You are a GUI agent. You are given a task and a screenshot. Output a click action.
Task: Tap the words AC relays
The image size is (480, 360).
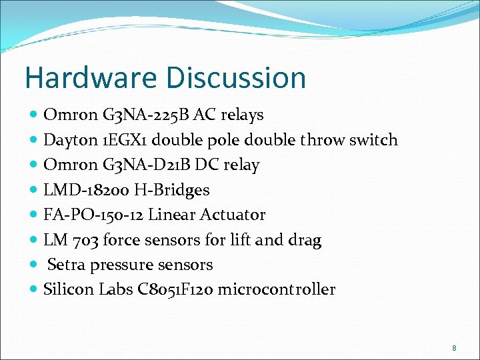229,115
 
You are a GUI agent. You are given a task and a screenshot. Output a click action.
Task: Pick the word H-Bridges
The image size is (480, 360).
172,190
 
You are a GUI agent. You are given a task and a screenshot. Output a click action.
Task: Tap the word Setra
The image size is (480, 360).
65,265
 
